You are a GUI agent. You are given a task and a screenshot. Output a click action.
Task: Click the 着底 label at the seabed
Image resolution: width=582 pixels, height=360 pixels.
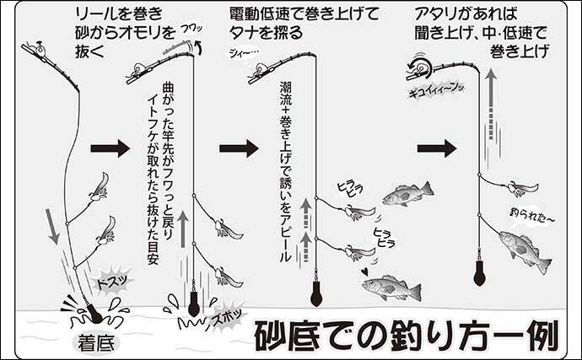tap(96, 343)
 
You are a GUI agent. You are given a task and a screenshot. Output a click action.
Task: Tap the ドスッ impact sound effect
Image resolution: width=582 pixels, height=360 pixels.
tap(112, 282)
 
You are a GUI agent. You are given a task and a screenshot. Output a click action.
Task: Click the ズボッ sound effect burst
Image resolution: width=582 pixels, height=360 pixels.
tap(225, 316)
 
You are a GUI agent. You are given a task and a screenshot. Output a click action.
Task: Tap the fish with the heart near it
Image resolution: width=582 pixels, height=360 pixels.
tap(391, 287)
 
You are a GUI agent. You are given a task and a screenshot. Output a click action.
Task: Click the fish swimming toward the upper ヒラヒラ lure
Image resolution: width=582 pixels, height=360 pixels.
tap(407, 195)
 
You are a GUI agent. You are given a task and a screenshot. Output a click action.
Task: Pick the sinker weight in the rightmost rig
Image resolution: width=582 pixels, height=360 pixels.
tap(479, 272)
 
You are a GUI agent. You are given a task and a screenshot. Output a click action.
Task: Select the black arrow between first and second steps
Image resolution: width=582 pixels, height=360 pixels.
tap(110, 149)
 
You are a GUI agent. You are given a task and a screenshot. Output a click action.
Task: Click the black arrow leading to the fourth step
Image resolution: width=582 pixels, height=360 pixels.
tap(437, 149)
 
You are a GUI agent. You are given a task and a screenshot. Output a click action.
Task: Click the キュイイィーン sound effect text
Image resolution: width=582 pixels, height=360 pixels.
tap(437, 90)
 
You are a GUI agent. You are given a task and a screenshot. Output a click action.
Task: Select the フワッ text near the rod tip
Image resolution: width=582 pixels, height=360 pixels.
tap(191, 30)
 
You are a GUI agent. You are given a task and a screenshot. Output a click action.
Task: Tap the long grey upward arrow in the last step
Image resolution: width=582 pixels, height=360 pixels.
tap(491, 105)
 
